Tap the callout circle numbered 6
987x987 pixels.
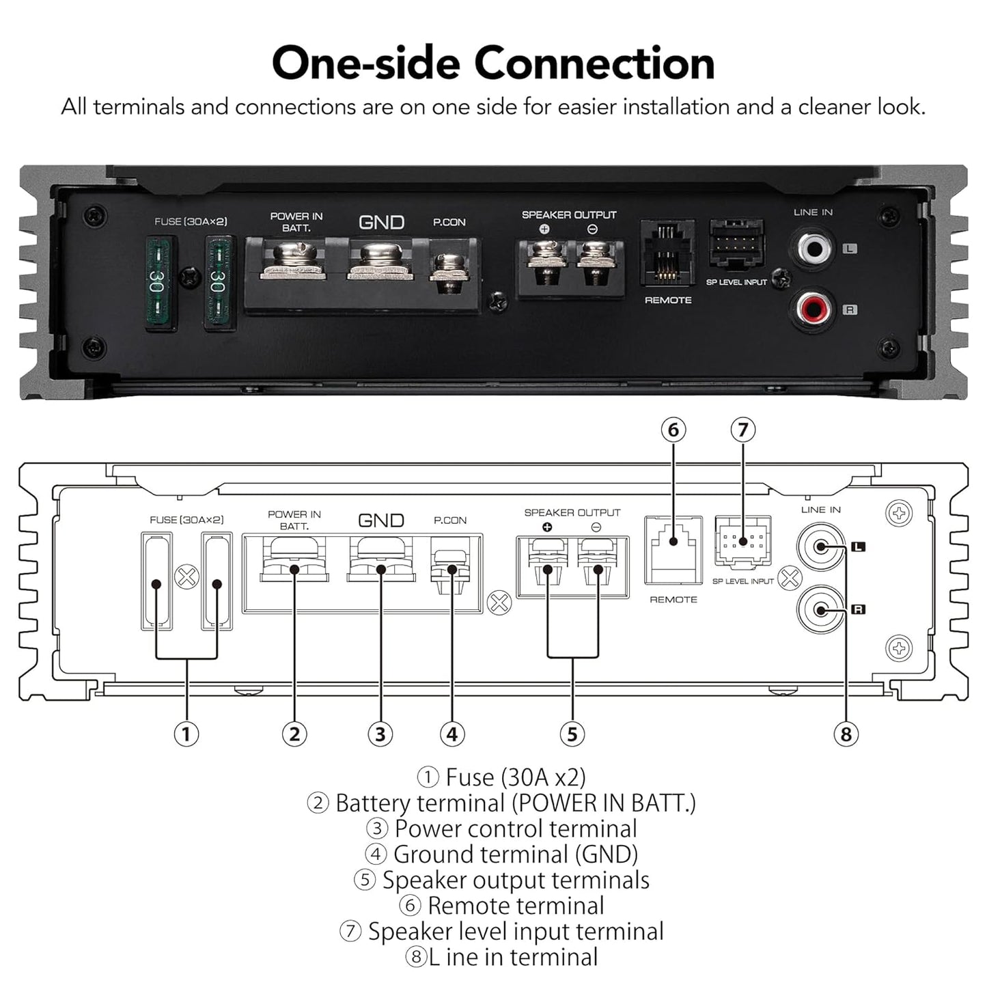(673, 430)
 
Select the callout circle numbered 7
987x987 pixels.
(742, 430)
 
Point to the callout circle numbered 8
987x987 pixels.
(846, 734)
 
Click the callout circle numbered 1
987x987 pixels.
(186, 734)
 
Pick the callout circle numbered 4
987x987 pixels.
(451, 734)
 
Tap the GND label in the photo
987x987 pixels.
(382, 222)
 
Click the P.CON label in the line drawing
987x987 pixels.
(450, 520)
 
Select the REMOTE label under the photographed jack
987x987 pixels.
(668, 300)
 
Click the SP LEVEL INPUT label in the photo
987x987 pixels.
(736, 282)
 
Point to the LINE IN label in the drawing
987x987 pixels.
(820, 510)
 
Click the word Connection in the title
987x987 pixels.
(594, 63)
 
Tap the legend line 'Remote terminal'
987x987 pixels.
(502, 905)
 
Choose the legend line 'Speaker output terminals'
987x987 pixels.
(502, 880)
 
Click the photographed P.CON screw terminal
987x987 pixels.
(449, 273)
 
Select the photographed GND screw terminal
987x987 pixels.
(380, 261)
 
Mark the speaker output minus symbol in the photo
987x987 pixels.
(592, 229)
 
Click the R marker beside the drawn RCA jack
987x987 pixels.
(858, 609)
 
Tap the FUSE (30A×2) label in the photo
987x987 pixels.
(191, 221)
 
